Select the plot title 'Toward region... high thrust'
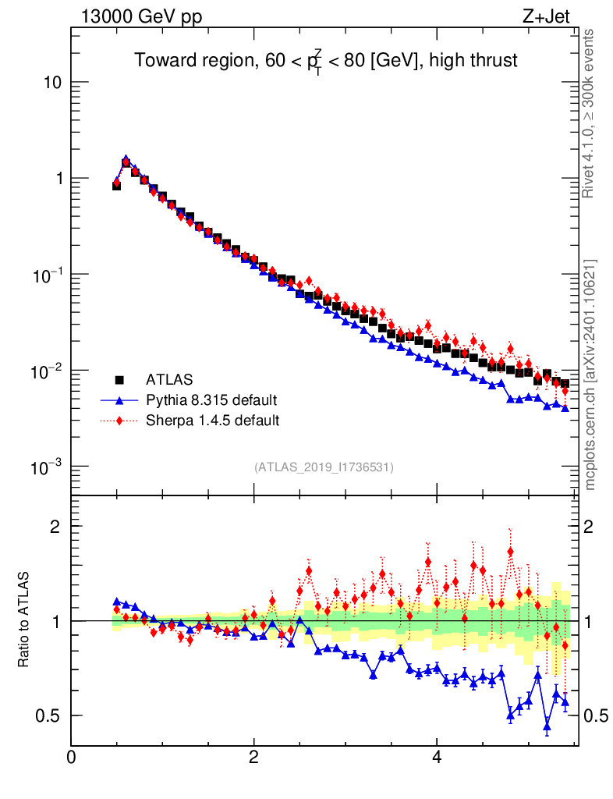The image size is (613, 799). (x=326, y=61)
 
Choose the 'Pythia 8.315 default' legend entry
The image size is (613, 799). (x=211, y=400)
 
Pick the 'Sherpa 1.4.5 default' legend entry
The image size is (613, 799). (x=213, y=421)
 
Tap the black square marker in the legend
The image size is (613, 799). (x=120, y=380)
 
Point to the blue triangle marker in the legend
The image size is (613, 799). (x=120, y=400)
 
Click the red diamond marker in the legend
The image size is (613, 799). (x=120, y=421)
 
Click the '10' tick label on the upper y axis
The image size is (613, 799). (x=51, y=83)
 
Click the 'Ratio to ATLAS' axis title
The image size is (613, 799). (x=24, y=620)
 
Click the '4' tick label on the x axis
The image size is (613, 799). (x=437, y=757)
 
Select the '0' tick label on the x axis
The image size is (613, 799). (x=72, y=757)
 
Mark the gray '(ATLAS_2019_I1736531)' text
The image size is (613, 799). (x=324, y=467)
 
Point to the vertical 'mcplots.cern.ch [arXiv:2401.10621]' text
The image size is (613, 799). (x=590, y=375)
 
